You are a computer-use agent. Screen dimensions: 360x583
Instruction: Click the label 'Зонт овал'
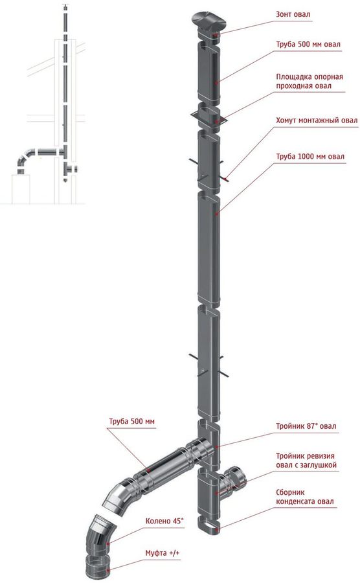click(293, 14)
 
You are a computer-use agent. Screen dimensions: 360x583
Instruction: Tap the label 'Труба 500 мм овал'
click(308, 44)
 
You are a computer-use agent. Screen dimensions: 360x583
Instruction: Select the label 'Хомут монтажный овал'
click(317, 120)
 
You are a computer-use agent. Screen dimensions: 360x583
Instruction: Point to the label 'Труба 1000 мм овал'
click(310, 157)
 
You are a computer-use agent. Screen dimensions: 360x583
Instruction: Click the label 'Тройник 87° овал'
click(306, 426)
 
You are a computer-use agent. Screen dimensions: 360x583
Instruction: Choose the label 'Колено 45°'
click(164, 521)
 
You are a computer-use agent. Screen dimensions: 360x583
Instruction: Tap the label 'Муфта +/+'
click(163, 553)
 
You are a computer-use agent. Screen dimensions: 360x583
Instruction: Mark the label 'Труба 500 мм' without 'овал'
click(131, 422)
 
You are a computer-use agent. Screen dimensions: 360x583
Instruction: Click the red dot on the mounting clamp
click(225, 179)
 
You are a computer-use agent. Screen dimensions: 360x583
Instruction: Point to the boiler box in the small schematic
click(21, 190)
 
